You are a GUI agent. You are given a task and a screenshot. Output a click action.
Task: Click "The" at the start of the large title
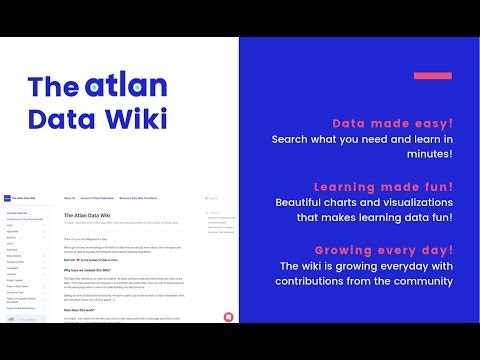coord(51,85)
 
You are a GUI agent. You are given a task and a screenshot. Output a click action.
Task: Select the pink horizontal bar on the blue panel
coord(433,75)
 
